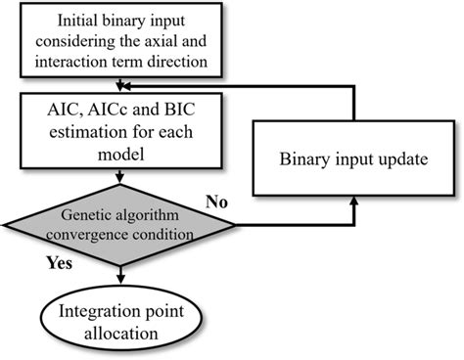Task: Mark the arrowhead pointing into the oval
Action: click(x=117, y=282)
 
